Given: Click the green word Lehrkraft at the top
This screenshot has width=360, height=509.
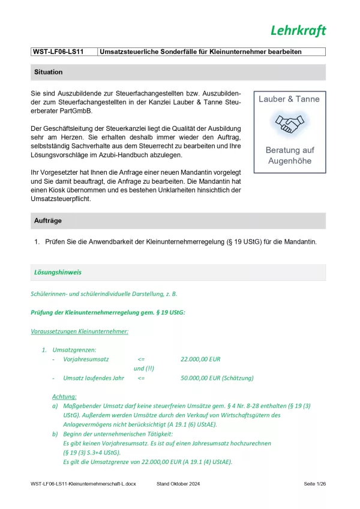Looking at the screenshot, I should [298, 31].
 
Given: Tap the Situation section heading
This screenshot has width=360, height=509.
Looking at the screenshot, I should [49, 72].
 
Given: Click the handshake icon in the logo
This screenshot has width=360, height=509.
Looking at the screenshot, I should [289, 124].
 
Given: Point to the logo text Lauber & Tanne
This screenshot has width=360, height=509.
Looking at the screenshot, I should [289, 99].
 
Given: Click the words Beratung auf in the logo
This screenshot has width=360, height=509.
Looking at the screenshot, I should [289, 150].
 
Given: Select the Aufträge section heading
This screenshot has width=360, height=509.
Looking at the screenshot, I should [49, 221].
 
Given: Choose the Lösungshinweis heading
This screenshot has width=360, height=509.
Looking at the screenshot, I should [58, 273].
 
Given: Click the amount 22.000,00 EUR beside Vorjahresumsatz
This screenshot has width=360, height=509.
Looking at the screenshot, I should [200, 359].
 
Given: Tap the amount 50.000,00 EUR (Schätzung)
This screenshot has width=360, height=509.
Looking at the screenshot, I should [217, 378].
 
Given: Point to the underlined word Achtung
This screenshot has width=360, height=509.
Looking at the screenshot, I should [64, 397].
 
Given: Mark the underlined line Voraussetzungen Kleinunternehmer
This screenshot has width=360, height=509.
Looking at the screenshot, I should [79, 331].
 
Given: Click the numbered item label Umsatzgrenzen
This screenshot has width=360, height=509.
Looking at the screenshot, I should [74, 349].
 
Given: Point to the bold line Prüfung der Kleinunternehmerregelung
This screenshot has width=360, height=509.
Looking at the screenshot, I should [108, 312].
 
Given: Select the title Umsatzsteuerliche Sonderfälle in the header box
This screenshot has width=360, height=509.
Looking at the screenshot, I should [200, 52].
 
